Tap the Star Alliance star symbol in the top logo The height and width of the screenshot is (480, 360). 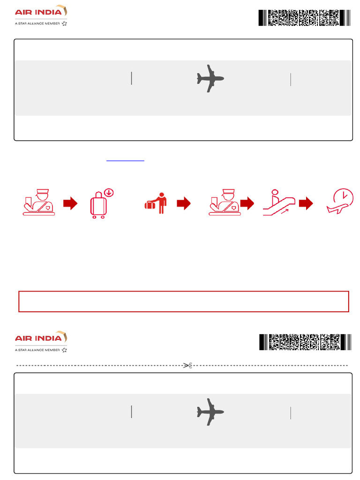pyautogui.click(x=64, y=23)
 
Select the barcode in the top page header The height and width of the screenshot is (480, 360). pyautogui.click(x=304, y=18)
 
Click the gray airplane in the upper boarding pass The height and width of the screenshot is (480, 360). pyautogui.click(x=210, y=78)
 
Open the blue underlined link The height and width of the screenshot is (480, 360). pyautogui.click(x=126, y=160)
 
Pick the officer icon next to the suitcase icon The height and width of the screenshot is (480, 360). pyautogui.click(x=39, y=202)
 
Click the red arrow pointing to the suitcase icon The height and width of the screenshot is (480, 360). pyautogui.click(x=70, y=203)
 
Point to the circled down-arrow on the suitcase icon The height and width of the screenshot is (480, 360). pyautogui.click(x=109, y=192)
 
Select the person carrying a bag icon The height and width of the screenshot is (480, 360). pyautogui.click(x=157, y=203)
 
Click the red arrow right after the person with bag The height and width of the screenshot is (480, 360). pyautogui.click(x=184, y=203)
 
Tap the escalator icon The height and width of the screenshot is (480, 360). pyautogui.click(x=279, y=202)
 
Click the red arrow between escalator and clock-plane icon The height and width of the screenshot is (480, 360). pyautogui.click(x=306, y=203)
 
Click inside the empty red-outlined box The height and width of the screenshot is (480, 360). pyautogui.click(x=184, y=301)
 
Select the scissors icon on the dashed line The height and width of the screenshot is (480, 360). pyautogui.click(x=187, y=365)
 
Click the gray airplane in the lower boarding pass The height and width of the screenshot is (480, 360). pyautogui.click(x=210, y=412)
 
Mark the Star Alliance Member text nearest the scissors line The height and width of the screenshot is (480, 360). pyautogui.click(x=37, y=350)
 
